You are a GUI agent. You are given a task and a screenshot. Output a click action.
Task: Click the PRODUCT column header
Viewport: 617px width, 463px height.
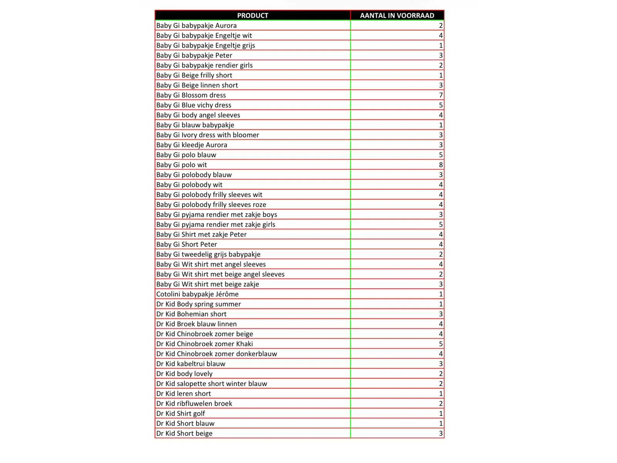pos(253,15)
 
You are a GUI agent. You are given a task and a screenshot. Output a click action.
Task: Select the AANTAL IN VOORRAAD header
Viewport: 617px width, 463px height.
pos(397,15)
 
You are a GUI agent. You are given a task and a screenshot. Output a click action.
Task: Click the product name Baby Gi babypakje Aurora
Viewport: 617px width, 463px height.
pos(196,25)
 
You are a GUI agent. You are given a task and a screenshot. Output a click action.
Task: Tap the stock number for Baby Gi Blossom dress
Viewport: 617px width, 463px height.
pos(441,95)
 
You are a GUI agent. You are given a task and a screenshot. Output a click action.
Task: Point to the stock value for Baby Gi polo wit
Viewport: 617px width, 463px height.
pos(441,165)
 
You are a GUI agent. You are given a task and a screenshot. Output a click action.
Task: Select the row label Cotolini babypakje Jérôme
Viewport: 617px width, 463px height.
pos(197,294)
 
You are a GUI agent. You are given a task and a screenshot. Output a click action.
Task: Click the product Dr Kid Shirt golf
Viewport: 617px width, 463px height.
pos(180,414)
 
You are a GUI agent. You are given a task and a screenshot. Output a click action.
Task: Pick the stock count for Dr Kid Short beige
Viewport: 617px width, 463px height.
pos(441,433)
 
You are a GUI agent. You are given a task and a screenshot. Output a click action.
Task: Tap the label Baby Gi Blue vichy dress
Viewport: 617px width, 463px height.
pos(194,105)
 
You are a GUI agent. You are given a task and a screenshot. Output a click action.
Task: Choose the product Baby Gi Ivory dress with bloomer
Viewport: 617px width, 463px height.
pos(207,135)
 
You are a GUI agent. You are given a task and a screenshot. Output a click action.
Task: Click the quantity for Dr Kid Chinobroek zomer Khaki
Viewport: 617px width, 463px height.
pos(441,344)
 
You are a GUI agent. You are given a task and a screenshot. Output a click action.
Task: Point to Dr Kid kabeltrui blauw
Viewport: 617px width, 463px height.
pos(190,364)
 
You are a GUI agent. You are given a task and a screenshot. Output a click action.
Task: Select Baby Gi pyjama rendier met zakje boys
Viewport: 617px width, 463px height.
pos(216,215)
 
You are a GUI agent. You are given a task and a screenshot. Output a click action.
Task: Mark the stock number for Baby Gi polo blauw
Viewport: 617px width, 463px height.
pos(441,155)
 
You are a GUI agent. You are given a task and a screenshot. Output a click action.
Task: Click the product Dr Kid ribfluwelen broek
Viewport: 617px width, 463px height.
pos(194,404)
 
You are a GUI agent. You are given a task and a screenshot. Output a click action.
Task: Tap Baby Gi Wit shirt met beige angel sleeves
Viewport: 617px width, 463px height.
pos(220,274)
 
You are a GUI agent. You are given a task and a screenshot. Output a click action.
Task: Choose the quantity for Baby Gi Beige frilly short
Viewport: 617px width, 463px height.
pos(441,75)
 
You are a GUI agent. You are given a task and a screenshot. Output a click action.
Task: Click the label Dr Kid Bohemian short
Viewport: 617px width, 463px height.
pos(191,314)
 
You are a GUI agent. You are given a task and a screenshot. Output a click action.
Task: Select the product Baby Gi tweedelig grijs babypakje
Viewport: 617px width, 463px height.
pos(208,254)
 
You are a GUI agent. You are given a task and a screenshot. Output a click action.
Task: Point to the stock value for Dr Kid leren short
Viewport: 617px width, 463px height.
pos(441,394)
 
